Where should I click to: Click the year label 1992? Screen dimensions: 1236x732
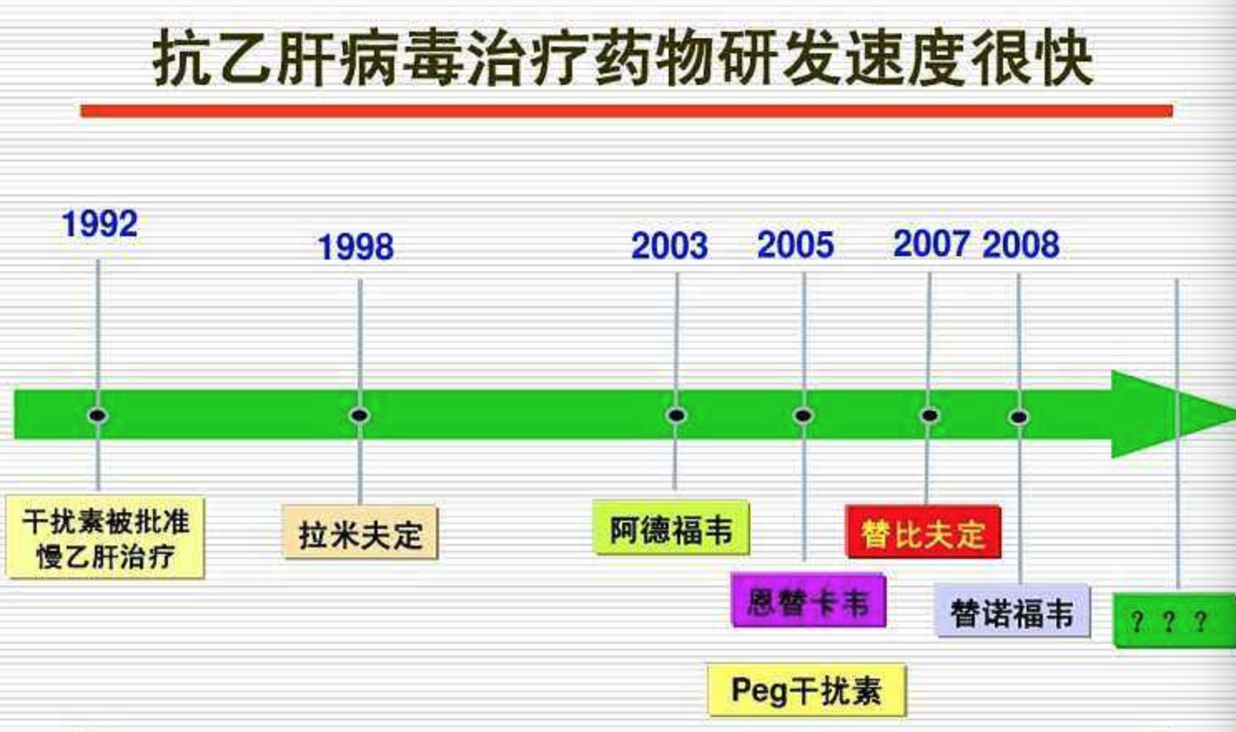coord(100,224)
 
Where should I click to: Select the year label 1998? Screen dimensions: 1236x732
coord(356,246)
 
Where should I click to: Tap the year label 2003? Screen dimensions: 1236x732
coord(670,245)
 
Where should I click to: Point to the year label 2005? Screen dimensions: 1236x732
coord(796,245)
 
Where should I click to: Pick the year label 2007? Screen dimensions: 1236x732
coord(932,244)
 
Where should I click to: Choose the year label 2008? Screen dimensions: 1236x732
coord(1021,245)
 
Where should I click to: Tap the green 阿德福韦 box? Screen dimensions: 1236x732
coord(671,527)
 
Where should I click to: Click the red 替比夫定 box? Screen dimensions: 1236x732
coord(923,532)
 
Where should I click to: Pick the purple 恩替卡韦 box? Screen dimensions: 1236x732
coord(808,601)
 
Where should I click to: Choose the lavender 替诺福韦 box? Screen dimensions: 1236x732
coord(1012,611)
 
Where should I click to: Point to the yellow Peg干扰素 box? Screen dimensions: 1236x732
coord(808,690)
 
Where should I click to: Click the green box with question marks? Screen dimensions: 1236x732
coord(1174,620)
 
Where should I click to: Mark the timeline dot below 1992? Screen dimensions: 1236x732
coord(97,415)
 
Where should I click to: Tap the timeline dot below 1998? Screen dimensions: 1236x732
coord(359,415)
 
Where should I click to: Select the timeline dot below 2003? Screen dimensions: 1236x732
coord(676,415)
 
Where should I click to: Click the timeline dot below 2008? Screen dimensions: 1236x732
coord(1019,417)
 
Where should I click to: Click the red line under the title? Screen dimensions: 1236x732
coord(626,111)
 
